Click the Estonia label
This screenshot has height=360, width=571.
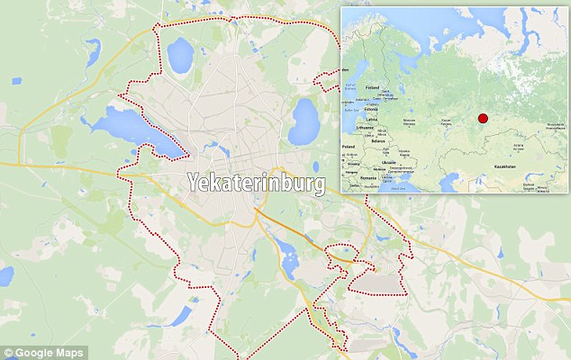coord(372,107)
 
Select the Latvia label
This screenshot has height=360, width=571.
coord(371,118)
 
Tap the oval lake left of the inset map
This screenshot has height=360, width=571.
coord(304,120)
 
